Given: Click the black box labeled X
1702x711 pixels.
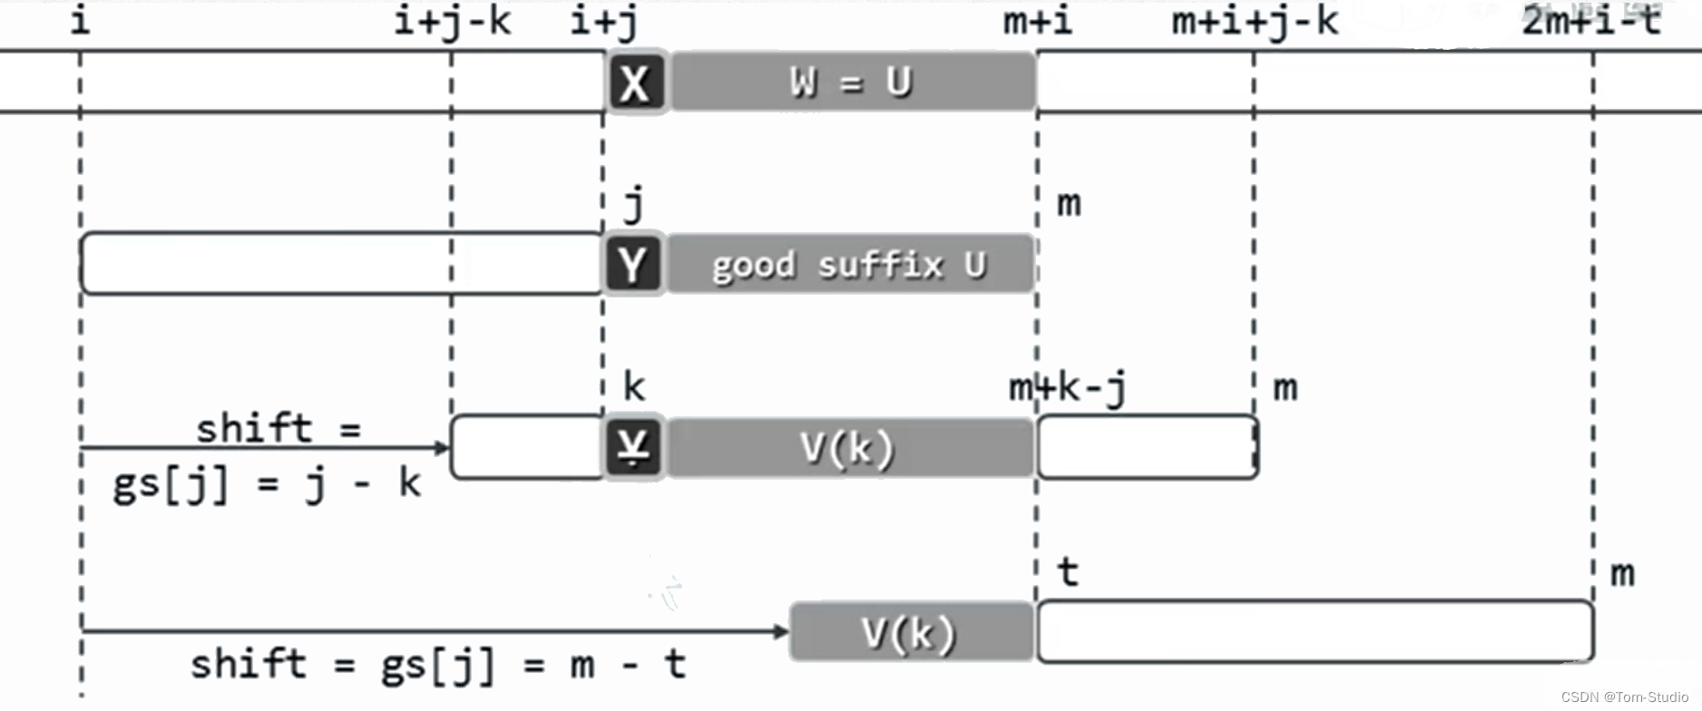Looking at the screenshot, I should (635, 83).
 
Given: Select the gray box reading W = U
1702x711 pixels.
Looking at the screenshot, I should (852, 83).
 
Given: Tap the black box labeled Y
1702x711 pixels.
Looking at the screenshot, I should (633, 264).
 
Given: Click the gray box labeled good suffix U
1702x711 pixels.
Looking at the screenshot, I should (850, 265).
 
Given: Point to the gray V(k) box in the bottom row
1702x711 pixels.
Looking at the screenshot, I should (911, 632).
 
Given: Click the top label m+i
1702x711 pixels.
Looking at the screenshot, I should (1037, 21).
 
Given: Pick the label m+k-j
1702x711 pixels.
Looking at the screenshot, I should (1067, 388).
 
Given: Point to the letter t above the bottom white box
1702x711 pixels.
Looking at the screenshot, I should (1068, 572).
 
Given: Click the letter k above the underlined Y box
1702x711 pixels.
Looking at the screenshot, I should (634, 387).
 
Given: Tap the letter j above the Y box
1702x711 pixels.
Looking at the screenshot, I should (634, 204).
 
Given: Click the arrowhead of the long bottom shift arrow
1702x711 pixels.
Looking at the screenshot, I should (782, 630).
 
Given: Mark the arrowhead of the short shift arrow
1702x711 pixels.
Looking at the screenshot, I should (443, 447).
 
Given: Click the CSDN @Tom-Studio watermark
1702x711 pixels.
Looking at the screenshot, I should (1624, 696).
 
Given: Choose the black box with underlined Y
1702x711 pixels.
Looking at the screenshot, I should (633, 447).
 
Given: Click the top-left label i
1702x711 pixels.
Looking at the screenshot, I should (81, 21).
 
